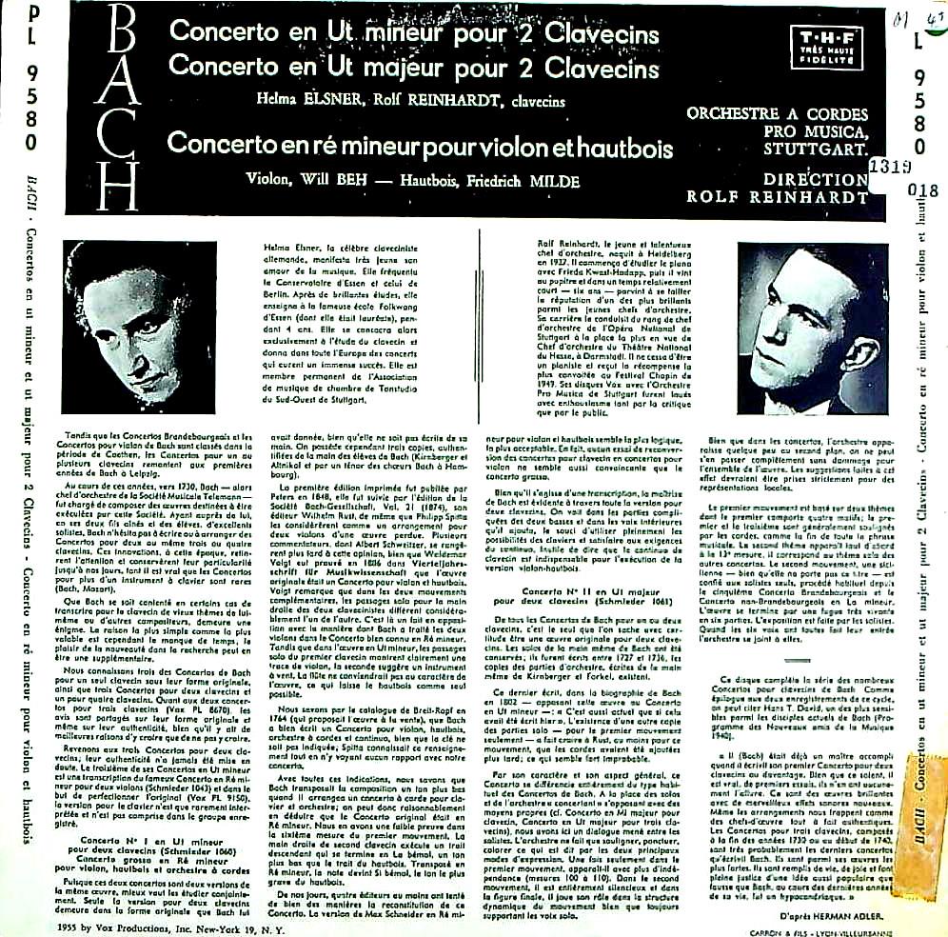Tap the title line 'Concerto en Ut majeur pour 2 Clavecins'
point(413,69)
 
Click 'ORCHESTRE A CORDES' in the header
point(776,114)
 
